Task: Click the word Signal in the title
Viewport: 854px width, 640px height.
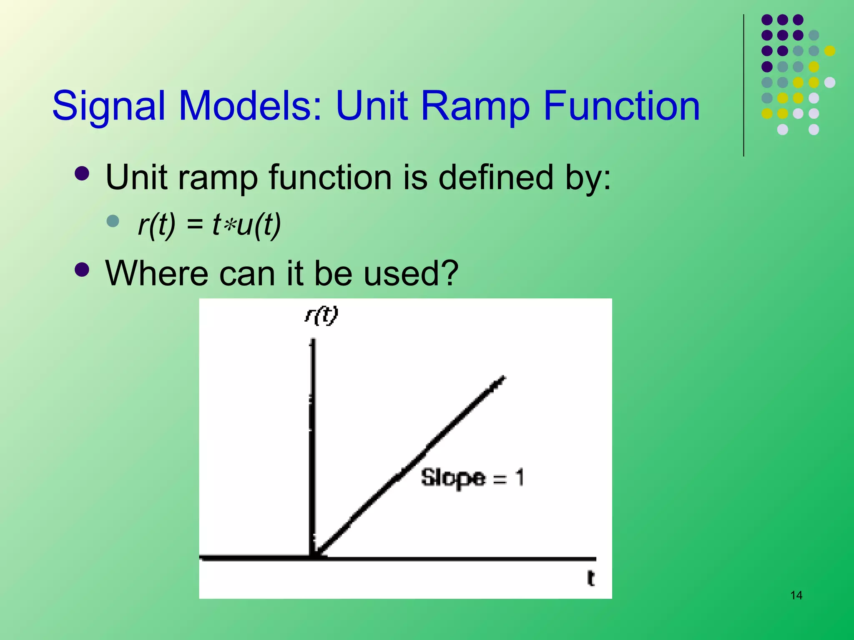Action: (110, 106)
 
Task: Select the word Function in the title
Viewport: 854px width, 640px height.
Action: (621, 106)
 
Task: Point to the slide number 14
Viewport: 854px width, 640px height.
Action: (796, 595)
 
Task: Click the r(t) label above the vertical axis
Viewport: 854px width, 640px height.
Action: (321, 316)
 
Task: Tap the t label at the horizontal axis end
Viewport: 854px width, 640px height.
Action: (590, 578)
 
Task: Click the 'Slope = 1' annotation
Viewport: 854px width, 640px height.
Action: (472, 477)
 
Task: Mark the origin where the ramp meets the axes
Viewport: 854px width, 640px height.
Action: (314, 557)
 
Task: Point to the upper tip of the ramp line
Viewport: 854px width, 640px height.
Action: (503, 378)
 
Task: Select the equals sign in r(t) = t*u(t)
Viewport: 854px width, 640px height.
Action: (195, 225)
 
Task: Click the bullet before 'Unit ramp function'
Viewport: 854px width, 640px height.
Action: (82, 174)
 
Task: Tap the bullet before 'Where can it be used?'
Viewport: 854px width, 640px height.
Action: (82, 270)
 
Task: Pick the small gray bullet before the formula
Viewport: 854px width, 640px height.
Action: (113, 221)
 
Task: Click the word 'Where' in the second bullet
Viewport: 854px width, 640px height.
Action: (156, 273)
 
